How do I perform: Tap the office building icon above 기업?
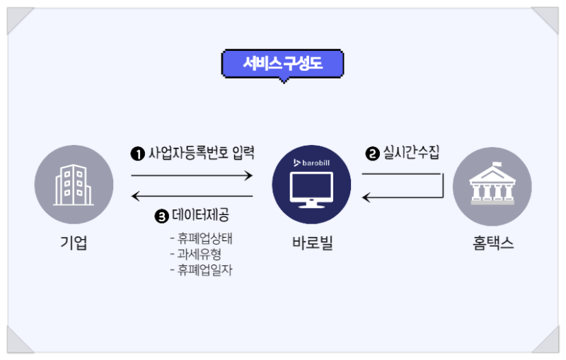pos(74,185)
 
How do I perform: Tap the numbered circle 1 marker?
pos(137,153)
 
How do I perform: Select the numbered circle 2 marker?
pos(371,153)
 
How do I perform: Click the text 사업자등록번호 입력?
pos(200,153)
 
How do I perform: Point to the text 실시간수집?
pos(411,153)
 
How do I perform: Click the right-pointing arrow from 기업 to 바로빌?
pos(192,174)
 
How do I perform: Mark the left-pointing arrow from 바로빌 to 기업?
pos(192,196)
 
